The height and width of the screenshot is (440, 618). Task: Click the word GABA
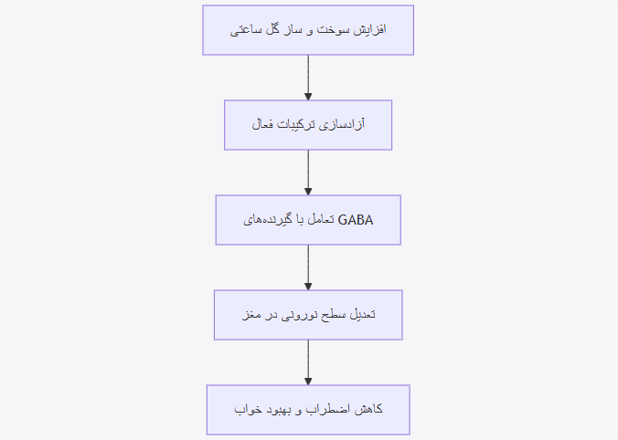click(355, 220)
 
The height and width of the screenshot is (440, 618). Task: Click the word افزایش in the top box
click(369, 30)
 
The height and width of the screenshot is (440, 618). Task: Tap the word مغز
click(250, 315)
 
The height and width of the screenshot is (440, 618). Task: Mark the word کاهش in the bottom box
click(368, 409)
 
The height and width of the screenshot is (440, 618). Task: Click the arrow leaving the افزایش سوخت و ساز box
click(308, 78)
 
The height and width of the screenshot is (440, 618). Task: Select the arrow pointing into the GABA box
click(308, 173)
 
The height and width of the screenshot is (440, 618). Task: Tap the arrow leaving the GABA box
click(308, 267)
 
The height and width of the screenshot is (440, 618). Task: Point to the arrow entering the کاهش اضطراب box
click(308, 362)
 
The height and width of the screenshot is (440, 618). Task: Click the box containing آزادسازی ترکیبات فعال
click(308, 125)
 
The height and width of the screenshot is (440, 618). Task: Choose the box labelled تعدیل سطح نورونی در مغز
click(308, 315)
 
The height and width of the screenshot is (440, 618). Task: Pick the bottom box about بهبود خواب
click(308, 410)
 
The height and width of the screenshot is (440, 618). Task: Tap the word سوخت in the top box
click(333, 30)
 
